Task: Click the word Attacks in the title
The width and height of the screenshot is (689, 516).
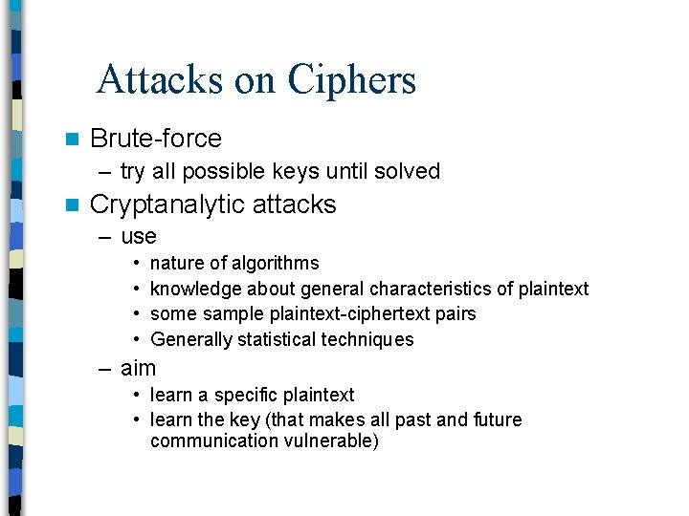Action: click(159, 80)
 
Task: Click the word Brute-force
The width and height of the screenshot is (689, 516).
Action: click(155, 139)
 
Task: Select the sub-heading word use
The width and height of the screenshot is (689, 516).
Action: click(139, 236)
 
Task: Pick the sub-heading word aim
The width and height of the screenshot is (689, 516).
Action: click(139, 368)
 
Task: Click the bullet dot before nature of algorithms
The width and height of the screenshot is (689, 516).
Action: click(139, 263)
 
